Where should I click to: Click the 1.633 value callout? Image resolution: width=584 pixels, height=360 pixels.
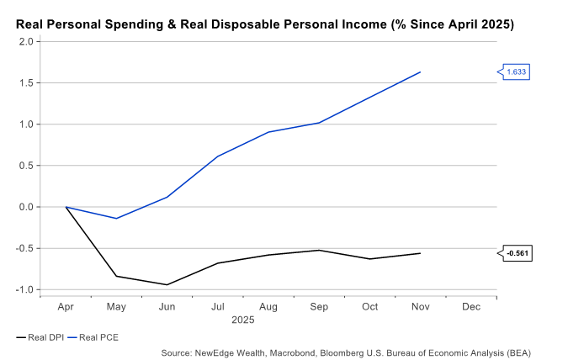(516, 72)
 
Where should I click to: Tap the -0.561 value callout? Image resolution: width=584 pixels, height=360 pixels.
(518, 253)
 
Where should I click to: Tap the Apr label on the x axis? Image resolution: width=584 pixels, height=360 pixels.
(66, 307)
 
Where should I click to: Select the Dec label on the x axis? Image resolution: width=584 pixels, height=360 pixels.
(471, 307)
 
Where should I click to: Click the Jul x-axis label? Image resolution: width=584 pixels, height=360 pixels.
(218, 307)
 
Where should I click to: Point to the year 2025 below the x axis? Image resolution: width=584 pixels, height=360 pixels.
(242, 320)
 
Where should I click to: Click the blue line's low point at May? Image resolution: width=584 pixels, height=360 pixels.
(116, 219)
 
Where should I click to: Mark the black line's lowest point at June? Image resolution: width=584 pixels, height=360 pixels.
(167, 284)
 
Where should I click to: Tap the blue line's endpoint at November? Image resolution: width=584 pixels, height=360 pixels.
(420, 72)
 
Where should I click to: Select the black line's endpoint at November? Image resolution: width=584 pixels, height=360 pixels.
(420, 253)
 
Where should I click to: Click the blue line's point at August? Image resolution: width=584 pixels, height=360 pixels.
(268, 132)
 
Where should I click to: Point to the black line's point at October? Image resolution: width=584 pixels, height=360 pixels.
(369, 258)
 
